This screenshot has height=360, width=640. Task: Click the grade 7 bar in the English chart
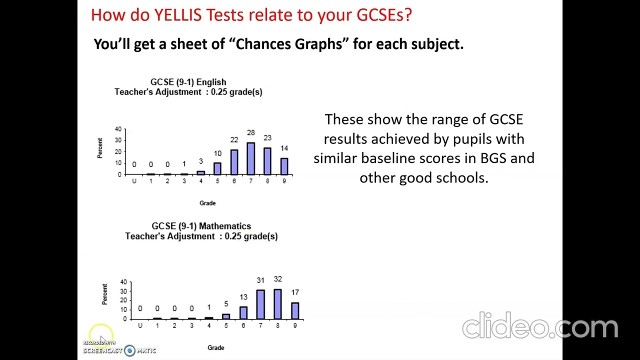250,158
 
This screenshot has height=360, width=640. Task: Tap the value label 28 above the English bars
250,132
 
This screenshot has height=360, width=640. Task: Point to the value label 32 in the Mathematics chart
277,279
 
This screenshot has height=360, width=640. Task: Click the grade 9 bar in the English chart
284,166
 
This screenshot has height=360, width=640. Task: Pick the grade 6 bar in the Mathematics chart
243,312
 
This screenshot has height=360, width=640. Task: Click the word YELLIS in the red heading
177,15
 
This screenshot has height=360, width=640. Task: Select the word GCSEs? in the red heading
384,15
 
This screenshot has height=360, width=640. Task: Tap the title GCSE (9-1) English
188,82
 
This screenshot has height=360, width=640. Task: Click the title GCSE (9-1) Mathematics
201,226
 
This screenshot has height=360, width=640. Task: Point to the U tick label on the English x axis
134,181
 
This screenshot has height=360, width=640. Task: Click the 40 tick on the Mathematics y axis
123,282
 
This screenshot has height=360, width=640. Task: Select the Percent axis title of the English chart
100,148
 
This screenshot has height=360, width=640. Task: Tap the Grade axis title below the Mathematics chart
216,347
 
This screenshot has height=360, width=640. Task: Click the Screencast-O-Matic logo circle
129,350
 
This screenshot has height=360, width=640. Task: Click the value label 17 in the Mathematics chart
295,292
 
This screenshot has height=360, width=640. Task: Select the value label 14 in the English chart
284,148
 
